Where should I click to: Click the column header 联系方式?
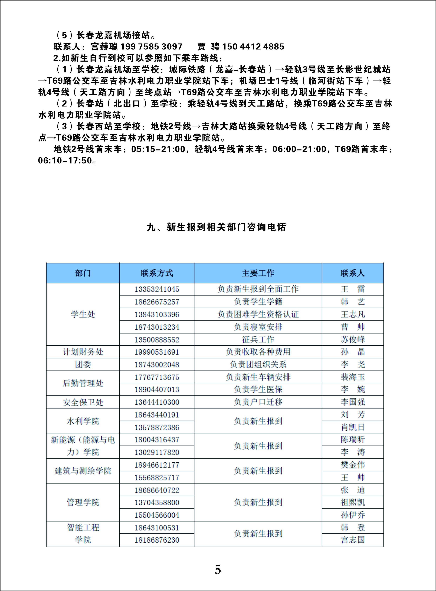click(157, 273)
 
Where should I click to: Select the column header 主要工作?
click(258, 273)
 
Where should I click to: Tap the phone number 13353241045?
click(157, 289)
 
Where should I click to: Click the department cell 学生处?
click(83, 314)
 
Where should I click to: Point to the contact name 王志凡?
click(353, 314)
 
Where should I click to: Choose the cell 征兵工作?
click(258, 339)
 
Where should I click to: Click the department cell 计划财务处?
click(83, 352)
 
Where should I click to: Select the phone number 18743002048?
click(157, 365)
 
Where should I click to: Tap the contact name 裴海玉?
click(353, 377)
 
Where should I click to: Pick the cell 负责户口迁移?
click(258, 402)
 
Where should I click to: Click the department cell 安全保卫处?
click(83, 402)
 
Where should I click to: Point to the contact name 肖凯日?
click(353, 427)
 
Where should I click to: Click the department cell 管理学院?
click(83, 502)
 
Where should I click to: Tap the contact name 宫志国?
click(353, 540)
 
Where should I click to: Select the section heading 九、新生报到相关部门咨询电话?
click(216, 227)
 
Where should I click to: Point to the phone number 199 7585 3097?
click(151, 47)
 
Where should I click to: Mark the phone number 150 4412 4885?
click(253, 47)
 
